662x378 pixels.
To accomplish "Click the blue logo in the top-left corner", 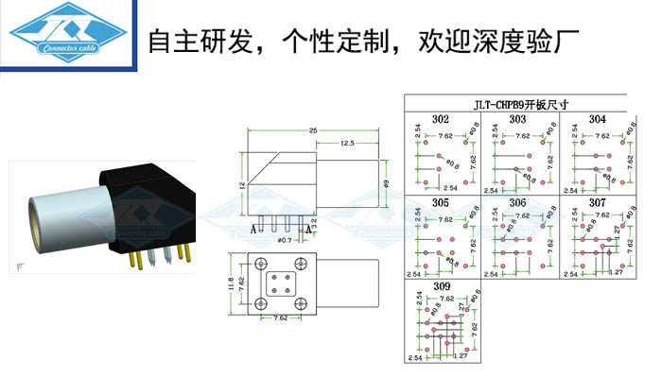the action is pos(67,39).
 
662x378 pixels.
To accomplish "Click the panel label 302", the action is pos(441,120).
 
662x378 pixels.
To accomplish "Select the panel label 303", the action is pos(517,120).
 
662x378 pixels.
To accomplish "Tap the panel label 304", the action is pos(597,120).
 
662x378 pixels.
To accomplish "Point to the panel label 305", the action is pos(441,203).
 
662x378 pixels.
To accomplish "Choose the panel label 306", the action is pos(517,203).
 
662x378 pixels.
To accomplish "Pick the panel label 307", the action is pos(597,203).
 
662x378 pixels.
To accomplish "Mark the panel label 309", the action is pos(441,285).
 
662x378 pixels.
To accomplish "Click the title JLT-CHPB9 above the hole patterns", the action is pos(515,105).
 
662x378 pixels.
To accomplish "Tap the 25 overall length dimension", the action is pos(311,129).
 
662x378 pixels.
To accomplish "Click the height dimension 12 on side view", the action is pos(240,187).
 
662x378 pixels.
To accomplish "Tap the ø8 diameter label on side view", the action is pos(387,181).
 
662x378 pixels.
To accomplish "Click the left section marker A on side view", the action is pos(253,229).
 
